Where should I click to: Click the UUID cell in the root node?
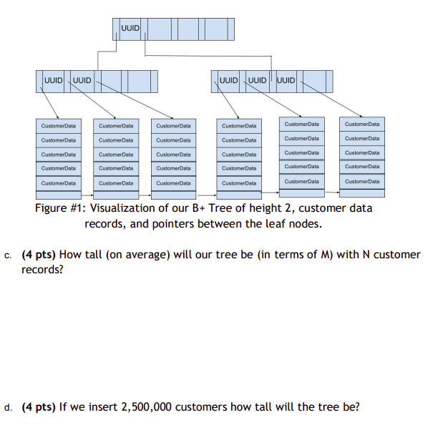coord(130,29)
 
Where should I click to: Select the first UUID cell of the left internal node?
coord(53,79)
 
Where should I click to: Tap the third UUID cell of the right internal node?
coord(285,79)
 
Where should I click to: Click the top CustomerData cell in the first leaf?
coord(58,126)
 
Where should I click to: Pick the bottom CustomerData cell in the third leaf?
coord(172,183)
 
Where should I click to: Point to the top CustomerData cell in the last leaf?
coord(362,124)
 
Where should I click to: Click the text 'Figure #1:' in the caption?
coord(63,208)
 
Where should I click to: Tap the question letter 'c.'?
coord(8,255)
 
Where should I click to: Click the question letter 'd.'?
coord(8,408)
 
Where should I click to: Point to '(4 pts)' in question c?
coord(39,255)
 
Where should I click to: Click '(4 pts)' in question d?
coord(39,407)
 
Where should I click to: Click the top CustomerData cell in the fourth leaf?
coord(239,126)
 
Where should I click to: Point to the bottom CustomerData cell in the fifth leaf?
coord(301,182)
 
